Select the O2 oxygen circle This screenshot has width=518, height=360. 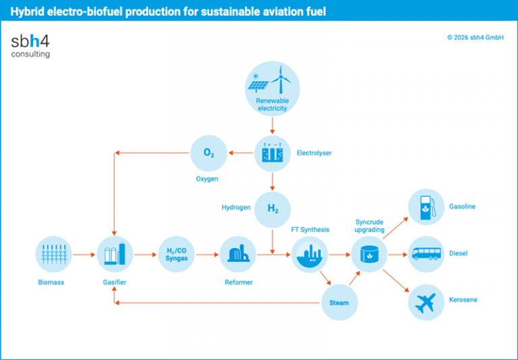209,154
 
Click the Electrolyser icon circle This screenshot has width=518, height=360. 272,154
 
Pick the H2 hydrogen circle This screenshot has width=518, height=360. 272,208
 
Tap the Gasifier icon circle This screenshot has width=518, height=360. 113,254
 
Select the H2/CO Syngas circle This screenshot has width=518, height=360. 176,254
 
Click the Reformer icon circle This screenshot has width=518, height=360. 238,254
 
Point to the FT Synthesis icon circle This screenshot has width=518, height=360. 310,254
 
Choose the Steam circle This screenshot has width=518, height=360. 339,302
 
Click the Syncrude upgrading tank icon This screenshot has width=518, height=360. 369,254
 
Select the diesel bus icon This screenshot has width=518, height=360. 426,254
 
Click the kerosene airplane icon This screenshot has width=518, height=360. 426,300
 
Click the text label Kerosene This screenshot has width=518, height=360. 463,299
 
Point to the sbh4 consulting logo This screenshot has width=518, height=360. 30,44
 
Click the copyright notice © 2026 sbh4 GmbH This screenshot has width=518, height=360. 475,38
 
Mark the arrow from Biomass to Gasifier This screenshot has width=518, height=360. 84,254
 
